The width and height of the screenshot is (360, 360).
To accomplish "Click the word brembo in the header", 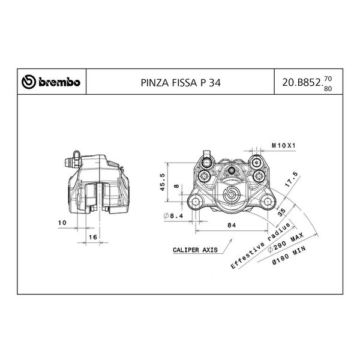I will pos(59,83).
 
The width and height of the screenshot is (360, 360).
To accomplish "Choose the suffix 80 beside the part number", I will pos(327,89).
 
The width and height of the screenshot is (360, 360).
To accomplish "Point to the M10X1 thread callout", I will pos(284,145).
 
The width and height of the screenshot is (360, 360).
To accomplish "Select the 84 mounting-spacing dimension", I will pos(231,225).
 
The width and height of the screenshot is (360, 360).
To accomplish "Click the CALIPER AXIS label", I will pos(193,248).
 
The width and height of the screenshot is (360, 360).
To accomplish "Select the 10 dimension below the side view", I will pos(62,223).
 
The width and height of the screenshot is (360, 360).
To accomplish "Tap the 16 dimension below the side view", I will pos(92,238).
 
